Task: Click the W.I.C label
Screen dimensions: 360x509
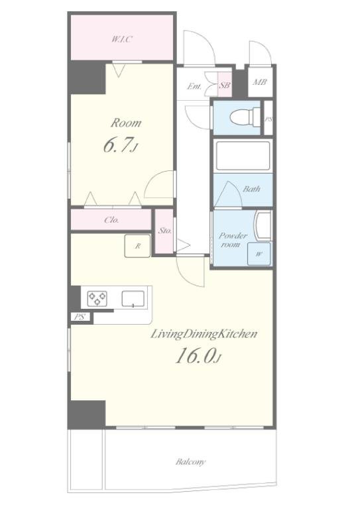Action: pos(122,40)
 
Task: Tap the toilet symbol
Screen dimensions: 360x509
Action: pos(245,117)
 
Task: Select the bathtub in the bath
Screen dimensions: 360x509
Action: pos(243,156)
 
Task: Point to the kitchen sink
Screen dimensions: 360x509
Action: pos(133,299)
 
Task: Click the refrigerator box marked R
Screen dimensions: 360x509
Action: pos(138,246)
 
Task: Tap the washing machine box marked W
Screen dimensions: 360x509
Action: pos(259,254)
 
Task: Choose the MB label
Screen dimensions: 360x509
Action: pos(260,82)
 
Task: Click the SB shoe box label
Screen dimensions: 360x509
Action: pos(225,85)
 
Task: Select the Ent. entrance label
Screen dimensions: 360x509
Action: pos(194,87)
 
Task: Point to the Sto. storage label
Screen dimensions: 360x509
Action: pos(165,231)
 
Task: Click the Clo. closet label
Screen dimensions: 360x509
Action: pos(111,220)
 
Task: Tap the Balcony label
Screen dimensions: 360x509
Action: pos(190,461)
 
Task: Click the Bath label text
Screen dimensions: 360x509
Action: pos(251,189)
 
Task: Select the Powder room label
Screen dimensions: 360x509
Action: pos(233,240)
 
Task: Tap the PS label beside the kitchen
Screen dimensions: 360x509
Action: pos(80,317)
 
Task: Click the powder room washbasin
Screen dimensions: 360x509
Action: pos(263,226)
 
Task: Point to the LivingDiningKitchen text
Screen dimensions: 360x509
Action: pos(204,334)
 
